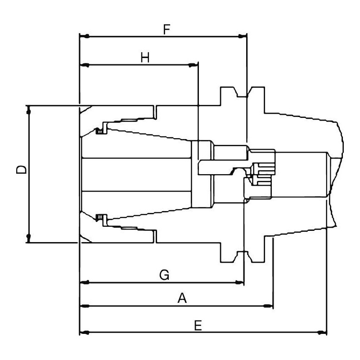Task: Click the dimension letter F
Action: pyautogui.click(x=166, y=30)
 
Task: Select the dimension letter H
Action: pyautogui.click(x=145, y=58)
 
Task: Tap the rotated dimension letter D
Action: pyautogui.click(x=21, y=170)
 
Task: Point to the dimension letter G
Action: pyautogui.click(x=164, y=275)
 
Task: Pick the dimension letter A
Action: pyautogui.click(x=182, y=298)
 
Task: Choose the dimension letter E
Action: pyautogui.click(x=198, y=325)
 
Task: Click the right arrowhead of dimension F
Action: pyautogui.click(x=242, y=36)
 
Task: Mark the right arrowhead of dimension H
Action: pyautogui.click(x=193, y=66)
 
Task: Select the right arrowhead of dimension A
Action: pyautogui.click(x=268, y=306)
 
